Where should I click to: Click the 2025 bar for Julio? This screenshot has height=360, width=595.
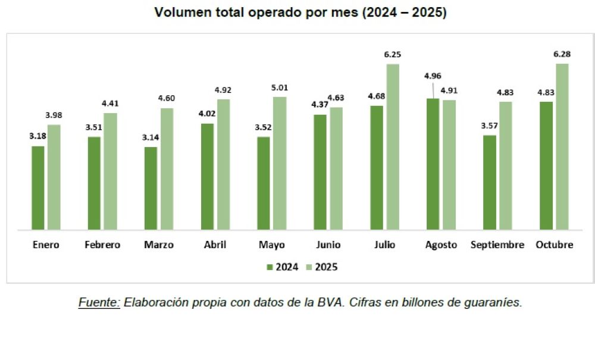(393, 146)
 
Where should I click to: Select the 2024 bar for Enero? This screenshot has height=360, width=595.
(38, 187)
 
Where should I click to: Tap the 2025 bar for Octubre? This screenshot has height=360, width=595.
(562, 146)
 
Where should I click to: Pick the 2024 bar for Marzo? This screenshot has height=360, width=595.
(151, 188)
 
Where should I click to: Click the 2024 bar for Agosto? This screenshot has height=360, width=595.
(433, 164)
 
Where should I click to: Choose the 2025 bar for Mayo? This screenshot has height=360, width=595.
(280, 163)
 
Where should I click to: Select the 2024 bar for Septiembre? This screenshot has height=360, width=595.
(490, 182)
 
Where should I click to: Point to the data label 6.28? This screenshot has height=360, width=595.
(562, 55)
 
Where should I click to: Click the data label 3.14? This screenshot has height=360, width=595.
(151, 137)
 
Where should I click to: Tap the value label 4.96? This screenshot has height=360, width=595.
(432, 76)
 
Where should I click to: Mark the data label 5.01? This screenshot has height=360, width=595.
(280, 87)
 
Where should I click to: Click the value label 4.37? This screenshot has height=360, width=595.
(320, 105)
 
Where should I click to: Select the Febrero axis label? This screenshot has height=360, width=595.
(102, 245)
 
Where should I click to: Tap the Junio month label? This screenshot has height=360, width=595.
(328, 245)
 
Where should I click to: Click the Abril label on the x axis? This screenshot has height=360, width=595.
(214, 245)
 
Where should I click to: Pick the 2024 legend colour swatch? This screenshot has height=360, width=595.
(270, 267)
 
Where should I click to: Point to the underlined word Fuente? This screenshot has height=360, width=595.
(99, 303)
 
